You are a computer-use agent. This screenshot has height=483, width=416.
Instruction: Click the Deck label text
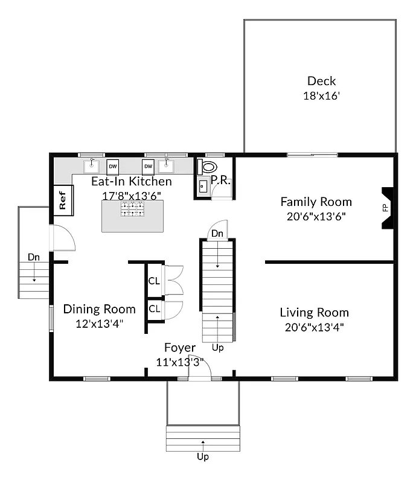[321, 81]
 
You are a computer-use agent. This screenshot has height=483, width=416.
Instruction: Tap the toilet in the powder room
[208, 167]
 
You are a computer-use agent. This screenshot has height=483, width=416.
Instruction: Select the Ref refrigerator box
[62, 200]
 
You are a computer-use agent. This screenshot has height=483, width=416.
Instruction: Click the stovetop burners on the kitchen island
[132, 209]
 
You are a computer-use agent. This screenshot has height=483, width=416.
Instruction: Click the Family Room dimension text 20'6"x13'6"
[316, 216]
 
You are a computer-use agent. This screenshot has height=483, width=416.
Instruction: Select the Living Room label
[314, 312]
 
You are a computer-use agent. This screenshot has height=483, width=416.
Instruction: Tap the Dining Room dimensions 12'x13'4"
[100, 323]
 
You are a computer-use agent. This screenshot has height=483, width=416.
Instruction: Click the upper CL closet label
[154, 281]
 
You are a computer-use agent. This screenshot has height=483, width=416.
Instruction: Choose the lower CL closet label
[154, 309]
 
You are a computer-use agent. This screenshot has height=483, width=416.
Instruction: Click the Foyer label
[180, 348]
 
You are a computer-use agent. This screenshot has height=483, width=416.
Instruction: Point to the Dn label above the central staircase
[217, 233]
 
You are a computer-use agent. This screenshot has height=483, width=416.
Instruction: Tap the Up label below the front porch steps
[203, 457]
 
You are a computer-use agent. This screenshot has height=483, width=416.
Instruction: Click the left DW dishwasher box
[113, 166]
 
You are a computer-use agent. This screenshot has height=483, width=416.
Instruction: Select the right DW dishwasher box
[148, 166]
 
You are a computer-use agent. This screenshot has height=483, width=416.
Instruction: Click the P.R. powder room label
[221, 180]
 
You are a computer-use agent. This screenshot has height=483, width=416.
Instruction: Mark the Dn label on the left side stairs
[34, 257]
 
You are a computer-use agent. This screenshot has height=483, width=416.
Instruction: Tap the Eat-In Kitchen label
[132, 181]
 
